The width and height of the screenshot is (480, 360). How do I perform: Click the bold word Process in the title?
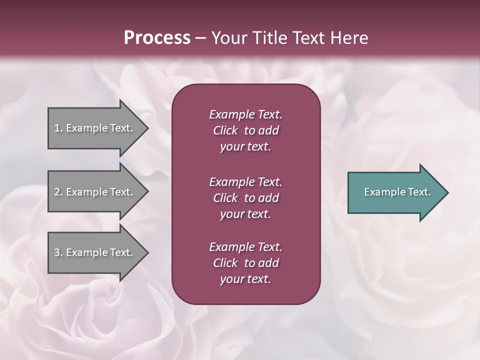click(x=157, y=38)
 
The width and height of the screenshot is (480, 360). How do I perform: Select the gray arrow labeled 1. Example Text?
click(x=95, y=128)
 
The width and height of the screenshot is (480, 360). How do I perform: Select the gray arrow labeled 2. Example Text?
click(x=95, y=192)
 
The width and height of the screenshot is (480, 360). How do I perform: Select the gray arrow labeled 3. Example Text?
click(x=95, y=252)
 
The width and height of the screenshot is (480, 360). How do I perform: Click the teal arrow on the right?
click(x=395, y=192)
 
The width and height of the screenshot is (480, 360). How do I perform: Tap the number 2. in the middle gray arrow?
click(x=58, y=192)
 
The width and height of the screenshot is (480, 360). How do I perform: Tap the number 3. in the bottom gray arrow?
click(x=58, y=252)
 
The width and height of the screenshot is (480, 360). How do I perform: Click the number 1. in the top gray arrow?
click(x=58, y=128)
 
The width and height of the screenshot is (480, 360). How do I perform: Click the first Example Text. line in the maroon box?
click(x=245, y=114)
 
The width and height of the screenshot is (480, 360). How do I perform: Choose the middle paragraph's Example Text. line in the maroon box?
click(x=245, y=182)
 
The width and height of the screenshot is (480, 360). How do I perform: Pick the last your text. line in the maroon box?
click(x=245, y=279)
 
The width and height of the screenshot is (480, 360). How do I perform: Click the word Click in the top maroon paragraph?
click(x=225, y=130)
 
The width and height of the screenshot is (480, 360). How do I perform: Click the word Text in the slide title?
click(x=305, y=38)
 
